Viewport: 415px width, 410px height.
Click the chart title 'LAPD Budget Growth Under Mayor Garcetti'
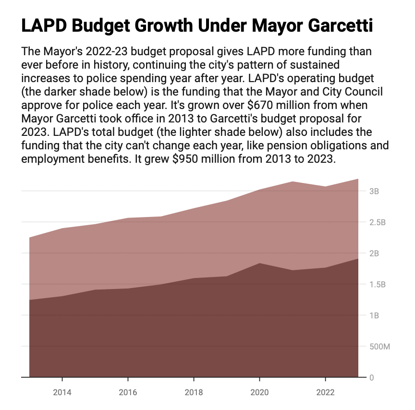pyautogui.click(x=197, y=26)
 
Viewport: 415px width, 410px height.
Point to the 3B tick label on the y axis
pyautogui.click(x=374, y=191)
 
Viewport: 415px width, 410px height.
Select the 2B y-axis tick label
pyautogui.click(x=374, y=253)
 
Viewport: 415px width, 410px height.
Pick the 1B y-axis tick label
pyautogui.click(x=374, y=316)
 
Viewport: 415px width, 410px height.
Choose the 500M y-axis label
pyautogui.click(x=379, y=347)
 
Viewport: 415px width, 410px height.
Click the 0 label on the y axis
pyautogui.click(x=371, y=378)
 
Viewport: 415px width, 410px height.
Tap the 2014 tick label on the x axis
pyautogui.click(x=62, y=392)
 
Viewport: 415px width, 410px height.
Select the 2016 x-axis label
pyautogui.click(x=128, y=392)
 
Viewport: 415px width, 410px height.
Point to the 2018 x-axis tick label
pyautogui.click(x=194, y=392)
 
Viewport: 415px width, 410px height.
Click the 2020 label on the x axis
pyautogui.click(x=260, y=392)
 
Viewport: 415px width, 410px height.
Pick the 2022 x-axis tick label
pyautogui.click(x=326, y=392)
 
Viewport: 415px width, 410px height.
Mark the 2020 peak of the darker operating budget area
pyautogui.click(x=259, y=264)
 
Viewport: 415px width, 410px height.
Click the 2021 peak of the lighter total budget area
pyautogui.click(x=293, y=182)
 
